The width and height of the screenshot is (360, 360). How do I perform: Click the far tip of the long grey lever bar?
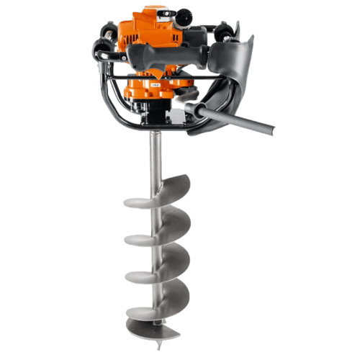point(269,131)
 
